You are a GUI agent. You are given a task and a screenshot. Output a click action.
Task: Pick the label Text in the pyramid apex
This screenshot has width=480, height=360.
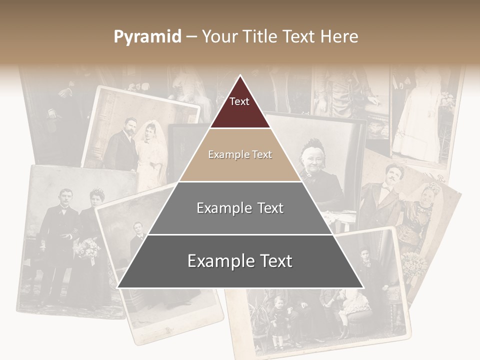click(x=239, y=101)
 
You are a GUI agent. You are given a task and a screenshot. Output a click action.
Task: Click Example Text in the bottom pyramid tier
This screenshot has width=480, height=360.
click(x=240, y=261)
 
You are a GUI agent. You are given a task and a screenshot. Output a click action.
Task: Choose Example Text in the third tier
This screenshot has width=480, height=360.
click(x=240, y=208)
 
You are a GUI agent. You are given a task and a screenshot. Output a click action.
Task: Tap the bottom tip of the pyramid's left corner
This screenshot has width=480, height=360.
click(x=118, y=287)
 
